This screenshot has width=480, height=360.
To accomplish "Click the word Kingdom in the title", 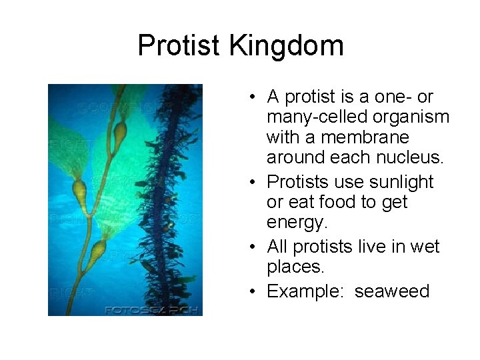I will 287,46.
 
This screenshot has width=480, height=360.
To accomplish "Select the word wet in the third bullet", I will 426,247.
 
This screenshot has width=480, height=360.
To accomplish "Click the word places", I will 297,267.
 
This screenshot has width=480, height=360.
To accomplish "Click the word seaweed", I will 392,292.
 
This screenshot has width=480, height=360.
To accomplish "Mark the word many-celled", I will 314,117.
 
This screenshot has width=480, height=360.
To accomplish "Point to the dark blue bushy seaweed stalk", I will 160,200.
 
